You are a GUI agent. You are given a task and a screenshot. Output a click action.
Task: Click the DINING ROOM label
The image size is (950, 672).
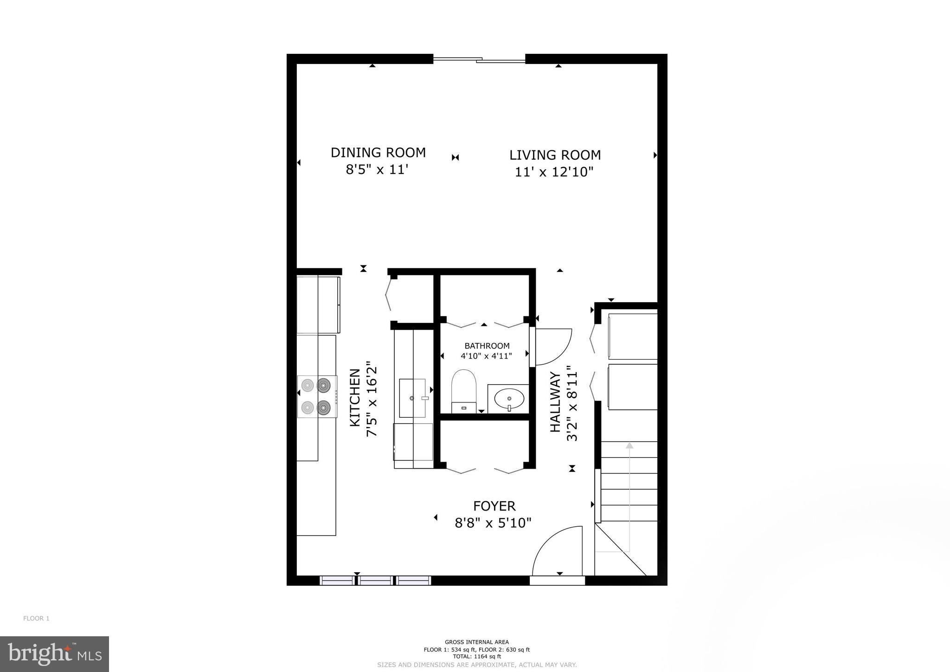[378, 152]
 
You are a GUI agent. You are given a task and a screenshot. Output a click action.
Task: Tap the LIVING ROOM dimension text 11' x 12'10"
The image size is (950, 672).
[554, 172]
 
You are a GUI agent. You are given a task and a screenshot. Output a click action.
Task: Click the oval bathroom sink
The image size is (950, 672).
[509, 398]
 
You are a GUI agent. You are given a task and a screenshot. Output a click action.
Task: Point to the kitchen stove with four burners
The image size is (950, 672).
[317, 396]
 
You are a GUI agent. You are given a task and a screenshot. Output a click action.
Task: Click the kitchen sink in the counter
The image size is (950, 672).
[412, 398]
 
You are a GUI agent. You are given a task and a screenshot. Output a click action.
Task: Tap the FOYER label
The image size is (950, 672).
[494, 506]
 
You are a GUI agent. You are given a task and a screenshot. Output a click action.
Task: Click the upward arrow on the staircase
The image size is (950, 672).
[629, 446]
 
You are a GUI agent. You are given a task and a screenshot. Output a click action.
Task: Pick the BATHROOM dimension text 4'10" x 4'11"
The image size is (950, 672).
[486, 356]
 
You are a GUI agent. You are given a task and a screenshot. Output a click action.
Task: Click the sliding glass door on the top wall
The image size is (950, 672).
[479, 59]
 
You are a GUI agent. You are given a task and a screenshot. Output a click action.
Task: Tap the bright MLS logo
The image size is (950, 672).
[55, 654]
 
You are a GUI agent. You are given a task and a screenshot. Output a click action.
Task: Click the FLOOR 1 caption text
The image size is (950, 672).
[36, 618]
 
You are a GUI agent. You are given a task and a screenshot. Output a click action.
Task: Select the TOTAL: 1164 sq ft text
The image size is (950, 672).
[476, 656]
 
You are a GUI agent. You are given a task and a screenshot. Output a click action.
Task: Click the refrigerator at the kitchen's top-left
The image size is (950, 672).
[318, 304]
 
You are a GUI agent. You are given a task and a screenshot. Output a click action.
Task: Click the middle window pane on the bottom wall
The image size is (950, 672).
[375, 580]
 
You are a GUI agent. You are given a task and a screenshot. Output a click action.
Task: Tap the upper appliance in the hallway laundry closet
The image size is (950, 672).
[632, 336]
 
